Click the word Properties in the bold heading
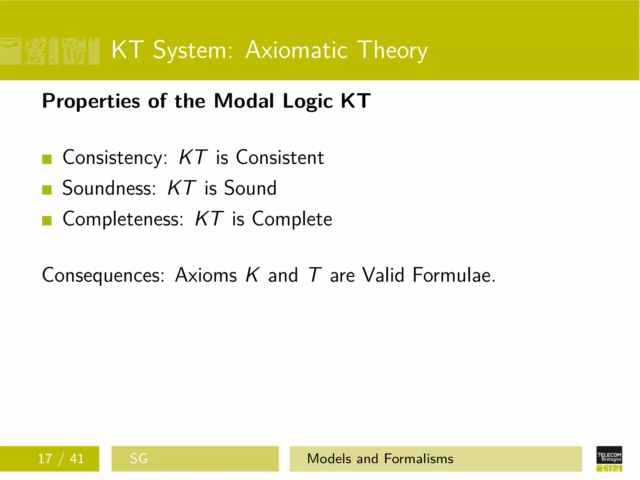[x=91, y=101]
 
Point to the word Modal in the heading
[x=244, y=101]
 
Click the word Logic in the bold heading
[x=308, y=101]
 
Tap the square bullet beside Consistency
[x=47, y=159]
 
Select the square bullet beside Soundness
[x=47, y=190]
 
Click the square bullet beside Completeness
[x=47, y=221]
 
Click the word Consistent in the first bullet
[x=280, y=157]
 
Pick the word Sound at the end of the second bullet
[x=250, y=188]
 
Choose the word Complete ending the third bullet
[x=292, y=219]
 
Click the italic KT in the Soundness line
[x=182, y=188]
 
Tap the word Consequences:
[x=103, y=275]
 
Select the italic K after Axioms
[x=252, y=275]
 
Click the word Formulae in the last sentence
[x=453, y=275]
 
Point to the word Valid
[x=383, y=275]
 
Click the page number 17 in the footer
[x=45, y=459]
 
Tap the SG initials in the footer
[x=138, y=459]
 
